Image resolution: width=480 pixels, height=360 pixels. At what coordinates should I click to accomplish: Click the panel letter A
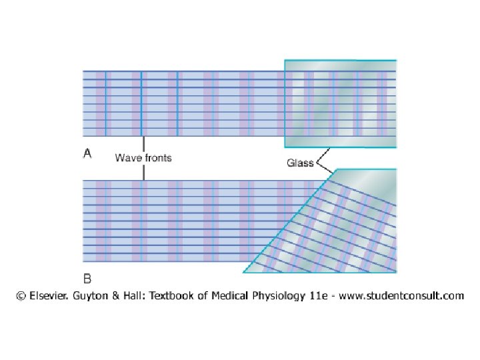click(87, 154)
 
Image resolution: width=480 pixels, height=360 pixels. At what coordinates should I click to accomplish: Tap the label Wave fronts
click(143, 158)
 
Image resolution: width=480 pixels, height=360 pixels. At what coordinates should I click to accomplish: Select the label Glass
click(300, 163)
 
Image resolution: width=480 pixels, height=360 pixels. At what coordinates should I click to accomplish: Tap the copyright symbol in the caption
click(21, 295)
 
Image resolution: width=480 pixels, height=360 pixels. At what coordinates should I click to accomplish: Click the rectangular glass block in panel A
click(340, 103)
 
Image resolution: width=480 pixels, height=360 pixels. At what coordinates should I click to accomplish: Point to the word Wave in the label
click(127, 158)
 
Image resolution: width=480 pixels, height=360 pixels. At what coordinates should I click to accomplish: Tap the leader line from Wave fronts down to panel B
click(143, 171)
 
